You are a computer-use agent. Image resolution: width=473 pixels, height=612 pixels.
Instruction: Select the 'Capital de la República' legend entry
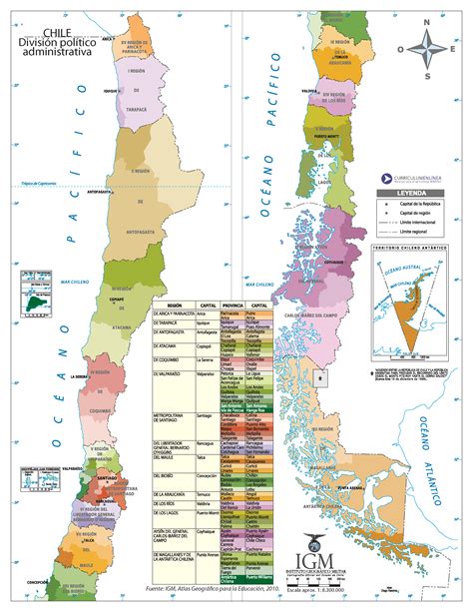pyautogui.click(x=420, y=204)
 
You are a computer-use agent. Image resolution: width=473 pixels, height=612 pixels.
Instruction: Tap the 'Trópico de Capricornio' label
pyautogui.click(x=43, y=184)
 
